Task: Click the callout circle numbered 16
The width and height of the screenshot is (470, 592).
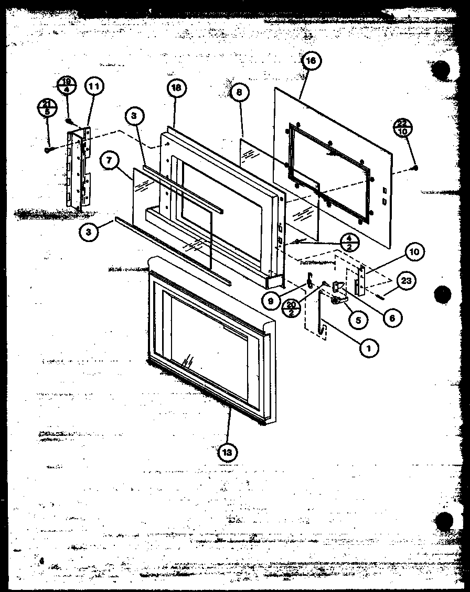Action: click(311, 61)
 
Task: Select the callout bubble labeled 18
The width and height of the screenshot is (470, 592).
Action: click(176, 88)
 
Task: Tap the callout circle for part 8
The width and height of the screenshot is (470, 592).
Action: click(239, 92)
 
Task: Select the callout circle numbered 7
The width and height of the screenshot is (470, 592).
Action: click(109, 161)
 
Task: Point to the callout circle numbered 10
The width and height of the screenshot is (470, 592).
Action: click(414, 252)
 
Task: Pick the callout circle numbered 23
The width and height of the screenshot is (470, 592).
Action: click(406, 281)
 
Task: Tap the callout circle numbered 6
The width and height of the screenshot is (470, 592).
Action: click(391, 317)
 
